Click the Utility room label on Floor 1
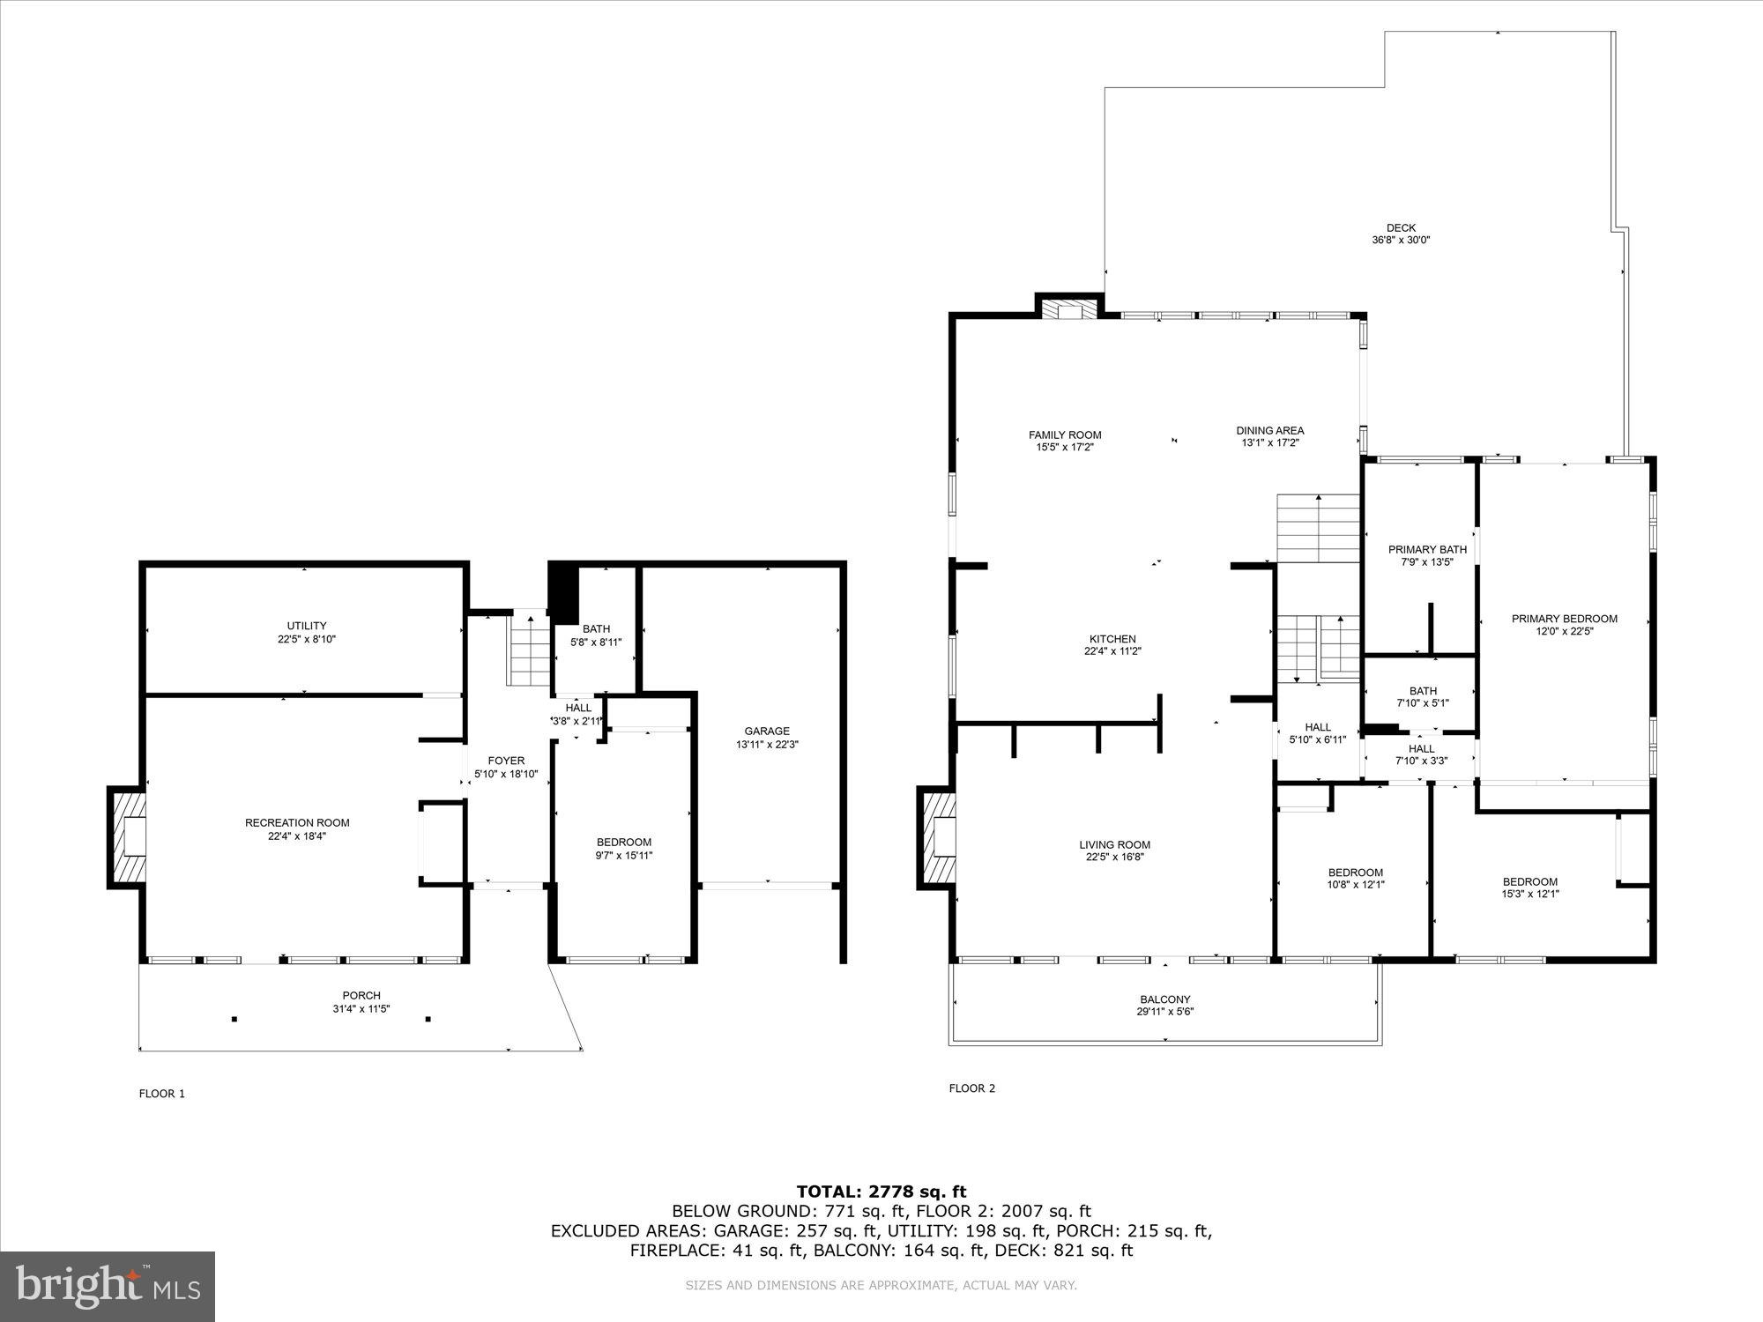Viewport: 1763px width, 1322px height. (x=307, y=627)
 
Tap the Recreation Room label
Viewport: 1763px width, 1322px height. (x=297, y=823)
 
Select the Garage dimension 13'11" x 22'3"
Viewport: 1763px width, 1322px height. (x=767, y=745)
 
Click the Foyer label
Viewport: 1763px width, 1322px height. (x=506, y=761)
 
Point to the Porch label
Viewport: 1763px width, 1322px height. (x=361, y=996)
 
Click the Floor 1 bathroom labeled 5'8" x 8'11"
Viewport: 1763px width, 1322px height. (x=596, y=635)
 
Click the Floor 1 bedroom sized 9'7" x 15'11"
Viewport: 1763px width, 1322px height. (x=623, y=849)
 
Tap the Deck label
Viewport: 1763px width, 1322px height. (x=1400, y=228)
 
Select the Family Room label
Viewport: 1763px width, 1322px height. (x=1065, y=434)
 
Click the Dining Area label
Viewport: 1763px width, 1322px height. (x=1269, y=431)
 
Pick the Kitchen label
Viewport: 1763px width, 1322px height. (x=1112, y=639)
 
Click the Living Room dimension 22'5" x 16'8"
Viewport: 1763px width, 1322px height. (x=1114, y=858)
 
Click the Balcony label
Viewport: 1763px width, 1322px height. (x=1164, y=999)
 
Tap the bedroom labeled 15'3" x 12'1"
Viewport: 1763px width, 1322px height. (x=1529, y=888)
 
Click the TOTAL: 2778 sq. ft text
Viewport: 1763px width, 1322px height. (x=881, y=1192)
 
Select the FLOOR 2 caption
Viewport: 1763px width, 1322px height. (x=971, y=1088)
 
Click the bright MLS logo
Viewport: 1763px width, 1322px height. (x=108, y=1288)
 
